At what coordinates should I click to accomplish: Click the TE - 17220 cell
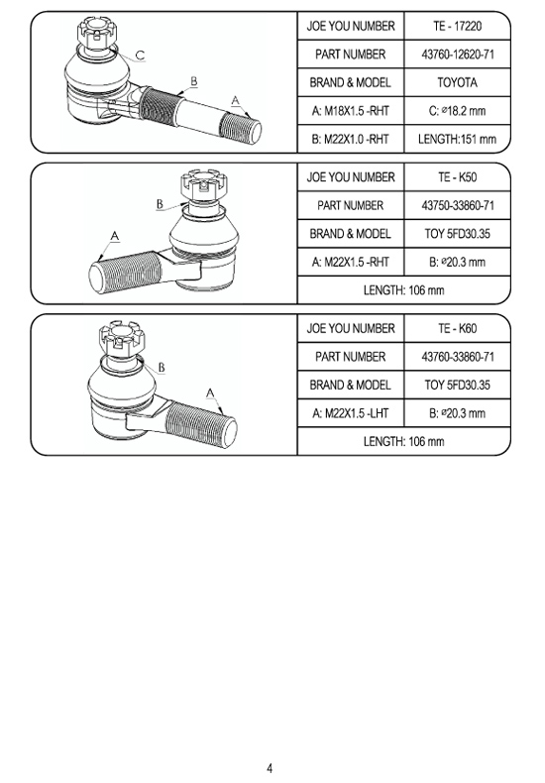(457, 26)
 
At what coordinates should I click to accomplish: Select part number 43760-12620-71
(457, 54)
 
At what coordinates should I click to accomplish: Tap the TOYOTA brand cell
(457, 82)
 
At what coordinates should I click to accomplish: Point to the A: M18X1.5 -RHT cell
(351, 111)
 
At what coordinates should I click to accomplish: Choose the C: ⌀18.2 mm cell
(457, 111)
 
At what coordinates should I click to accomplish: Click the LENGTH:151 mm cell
(457, 140)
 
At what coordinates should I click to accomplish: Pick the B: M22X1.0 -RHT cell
(351, 140)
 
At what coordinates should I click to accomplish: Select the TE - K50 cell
(457, 177)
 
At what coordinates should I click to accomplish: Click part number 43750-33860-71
(457, 205)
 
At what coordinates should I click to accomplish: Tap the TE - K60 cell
(457, 329)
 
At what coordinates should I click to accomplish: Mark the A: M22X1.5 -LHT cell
(351, 413)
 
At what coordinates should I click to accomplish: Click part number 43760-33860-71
(457, 357)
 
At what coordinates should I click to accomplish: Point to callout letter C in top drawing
(141, 55)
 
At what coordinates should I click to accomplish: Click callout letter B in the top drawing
(193, 81)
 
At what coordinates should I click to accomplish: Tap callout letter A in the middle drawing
(115, 236)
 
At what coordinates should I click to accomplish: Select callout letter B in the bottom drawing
(162, 368)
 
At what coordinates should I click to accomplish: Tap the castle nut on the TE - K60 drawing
(122, 339)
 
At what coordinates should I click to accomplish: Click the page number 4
(270, 767)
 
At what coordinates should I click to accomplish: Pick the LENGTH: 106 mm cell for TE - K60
(403, 441)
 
